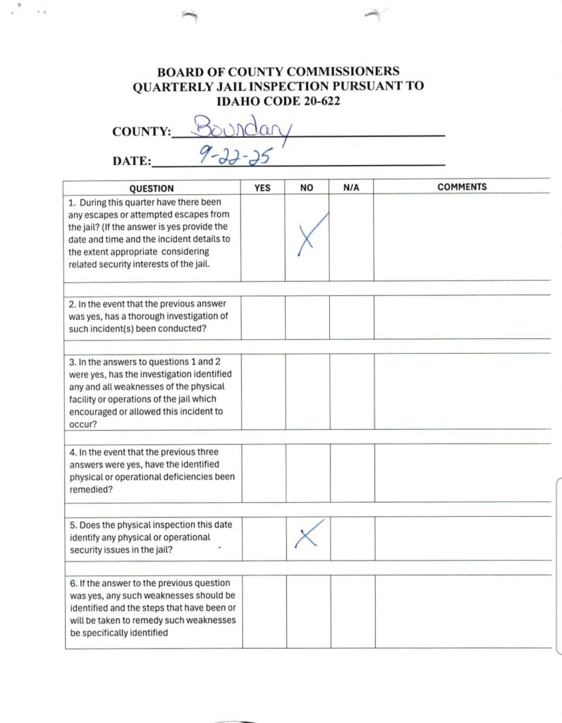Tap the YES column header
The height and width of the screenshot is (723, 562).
[262, 189]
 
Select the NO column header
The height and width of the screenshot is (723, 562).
[307, 189]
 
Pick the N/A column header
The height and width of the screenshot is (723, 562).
[351, 189]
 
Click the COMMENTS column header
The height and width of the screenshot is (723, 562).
[462, 187]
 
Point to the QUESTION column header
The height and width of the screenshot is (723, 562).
[152, 189]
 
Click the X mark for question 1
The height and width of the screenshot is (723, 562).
[308, 235]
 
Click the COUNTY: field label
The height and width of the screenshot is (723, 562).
[141, 132]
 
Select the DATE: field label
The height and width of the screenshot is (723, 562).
[132, 161]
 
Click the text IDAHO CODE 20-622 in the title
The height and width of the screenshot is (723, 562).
[278, 101]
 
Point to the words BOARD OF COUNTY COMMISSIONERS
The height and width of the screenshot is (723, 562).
[278, 71]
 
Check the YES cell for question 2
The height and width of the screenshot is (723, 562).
[262, 317]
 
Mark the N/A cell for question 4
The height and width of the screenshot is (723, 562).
[351, 472]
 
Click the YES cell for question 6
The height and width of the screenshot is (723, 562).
[264, 611]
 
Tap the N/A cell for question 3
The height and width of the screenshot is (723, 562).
[351, 391]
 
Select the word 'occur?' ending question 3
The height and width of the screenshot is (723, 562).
[83, 424]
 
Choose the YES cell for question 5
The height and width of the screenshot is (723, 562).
[263, 538]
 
